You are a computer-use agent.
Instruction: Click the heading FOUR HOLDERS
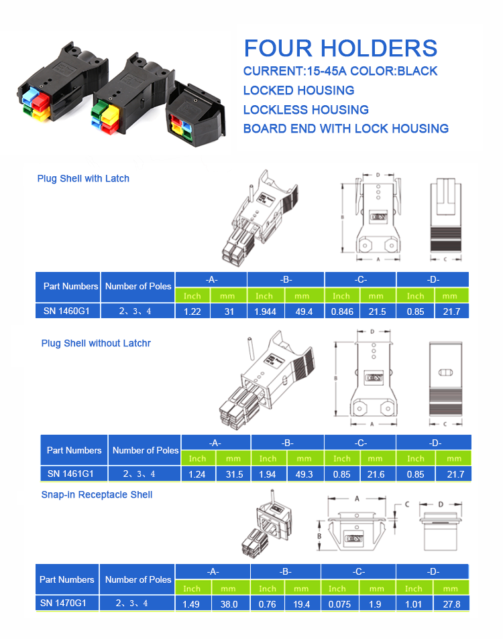click(340, 48)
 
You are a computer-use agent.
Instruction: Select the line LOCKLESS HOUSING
click(306, 109)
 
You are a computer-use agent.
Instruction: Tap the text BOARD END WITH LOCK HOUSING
click(345, 129)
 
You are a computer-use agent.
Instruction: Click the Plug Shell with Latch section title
click(83, 179)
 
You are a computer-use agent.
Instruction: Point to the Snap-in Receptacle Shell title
click(97, 495)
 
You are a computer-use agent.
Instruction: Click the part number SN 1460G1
click(68, 311)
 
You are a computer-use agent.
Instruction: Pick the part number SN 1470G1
click(67, 603)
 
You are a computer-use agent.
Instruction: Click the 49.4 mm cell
click(304, 311)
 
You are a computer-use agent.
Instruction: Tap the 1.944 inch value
click(265, 311)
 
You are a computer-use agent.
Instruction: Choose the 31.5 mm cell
click(233, 474)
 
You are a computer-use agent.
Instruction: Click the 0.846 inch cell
click(342, 311)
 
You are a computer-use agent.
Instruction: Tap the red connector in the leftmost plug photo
click(42, 102)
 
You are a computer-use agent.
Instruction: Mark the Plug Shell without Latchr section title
click(96, 344)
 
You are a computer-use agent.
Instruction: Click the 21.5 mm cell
click(378, 311)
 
